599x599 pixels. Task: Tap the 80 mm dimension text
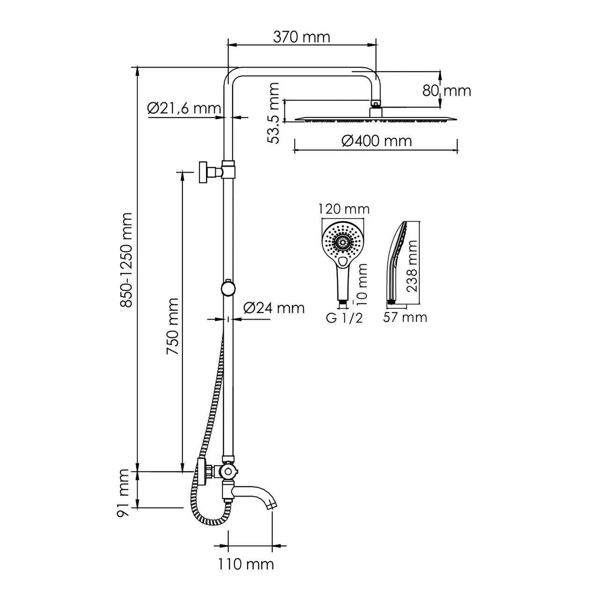tap(447, 90)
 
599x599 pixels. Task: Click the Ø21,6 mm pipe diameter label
tap(183, 109)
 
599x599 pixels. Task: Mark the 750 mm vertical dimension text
tap(173, 326)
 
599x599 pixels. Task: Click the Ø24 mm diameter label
tap(274, 307)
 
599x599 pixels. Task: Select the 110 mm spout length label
tap(246, 564)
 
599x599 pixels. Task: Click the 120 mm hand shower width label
tap(344, 209)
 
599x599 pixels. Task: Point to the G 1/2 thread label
tap(344, 319)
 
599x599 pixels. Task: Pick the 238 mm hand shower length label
tap(412, 267)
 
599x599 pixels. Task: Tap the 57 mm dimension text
tap(405, 317)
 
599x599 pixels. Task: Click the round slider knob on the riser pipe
tap(228, 288)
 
